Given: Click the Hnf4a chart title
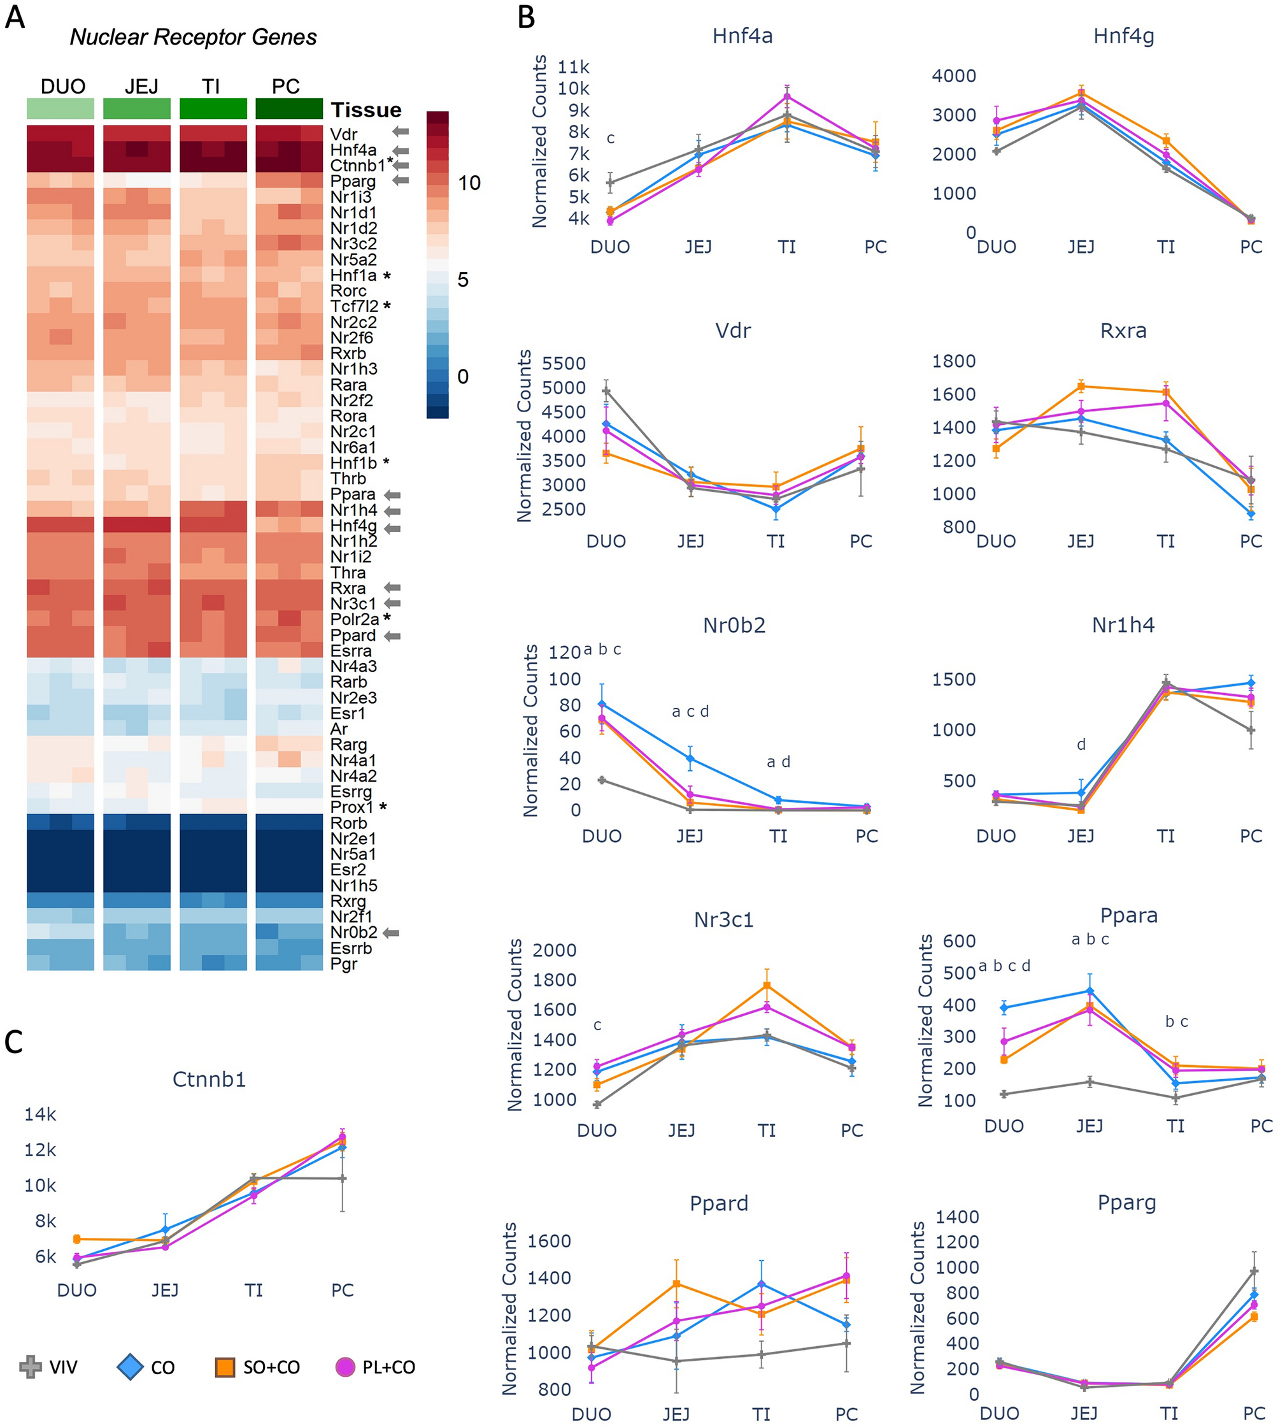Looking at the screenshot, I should click(x=742, y=36).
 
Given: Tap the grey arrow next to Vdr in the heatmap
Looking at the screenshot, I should click(x=401, y=131).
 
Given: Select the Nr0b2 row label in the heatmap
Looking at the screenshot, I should click(x=353, y=933).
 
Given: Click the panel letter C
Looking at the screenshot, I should click(x=14, y=1042).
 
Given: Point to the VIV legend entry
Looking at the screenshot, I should click(x=49, y=1367).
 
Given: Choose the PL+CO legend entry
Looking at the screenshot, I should click(x=376, y=1367).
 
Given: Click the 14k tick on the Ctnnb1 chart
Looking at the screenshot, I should click(x=40, y=1114).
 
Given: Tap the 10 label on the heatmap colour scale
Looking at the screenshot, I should click(x=469, y=183).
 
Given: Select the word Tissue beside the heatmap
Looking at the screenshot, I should click(x=366, y=110).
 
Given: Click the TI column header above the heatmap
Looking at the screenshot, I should click(x=211, y=87).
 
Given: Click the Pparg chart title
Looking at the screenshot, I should click(x=1126, y=1202).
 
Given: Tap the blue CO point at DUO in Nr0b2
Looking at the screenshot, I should click(x=602, y=704).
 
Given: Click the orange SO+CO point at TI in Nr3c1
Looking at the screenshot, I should click(x=767, y=986).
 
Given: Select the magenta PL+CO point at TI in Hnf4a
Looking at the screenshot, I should click(x=787, y=96).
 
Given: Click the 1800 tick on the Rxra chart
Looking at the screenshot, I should click(x=954, y=361).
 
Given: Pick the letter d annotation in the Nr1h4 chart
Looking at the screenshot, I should click(x=1081, y=744).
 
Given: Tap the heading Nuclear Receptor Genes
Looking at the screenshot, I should click(x=193, y=37).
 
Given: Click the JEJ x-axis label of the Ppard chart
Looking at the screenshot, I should click(x=676, y=1414).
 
